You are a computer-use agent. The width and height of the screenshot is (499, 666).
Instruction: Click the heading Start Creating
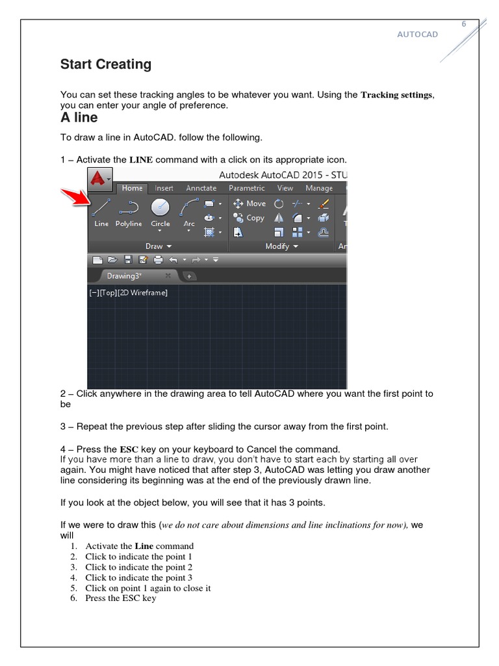tap(106, 64)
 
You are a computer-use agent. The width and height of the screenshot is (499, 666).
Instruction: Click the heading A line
tap(79, 118)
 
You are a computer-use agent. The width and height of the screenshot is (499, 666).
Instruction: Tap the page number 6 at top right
tap(464, 24)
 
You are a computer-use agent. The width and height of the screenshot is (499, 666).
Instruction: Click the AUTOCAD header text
tap(417, 34)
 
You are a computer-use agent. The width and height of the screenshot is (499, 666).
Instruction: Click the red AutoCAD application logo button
tap(99, 179)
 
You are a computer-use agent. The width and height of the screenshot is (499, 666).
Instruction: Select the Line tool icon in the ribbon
tap(101, 207)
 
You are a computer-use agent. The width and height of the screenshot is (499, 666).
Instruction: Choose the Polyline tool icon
tap(129, 207)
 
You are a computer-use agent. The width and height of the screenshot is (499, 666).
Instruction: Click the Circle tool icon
tap(160, 207)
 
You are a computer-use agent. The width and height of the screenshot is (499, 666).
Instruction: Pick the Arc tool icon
tap(189, 207)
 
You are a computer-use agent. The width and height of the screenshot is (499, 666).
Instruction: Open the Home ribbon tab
tap(133, 189)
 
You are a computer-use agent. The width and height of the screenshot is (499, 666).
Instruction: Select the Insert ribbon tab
tap(164, 189)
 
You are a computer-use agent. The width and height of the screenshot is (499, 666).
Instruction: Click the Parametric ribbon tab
tap(247, 189)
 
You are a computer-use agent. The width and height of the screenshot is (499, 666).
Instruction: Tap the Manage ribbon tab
tap(319, 189)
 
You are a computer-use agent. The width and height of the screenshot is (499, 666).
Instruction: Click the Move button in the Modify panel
tap(249, 204)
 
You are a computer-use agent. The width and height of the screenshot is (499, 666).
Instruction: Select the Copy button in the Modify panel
tap(249, 218)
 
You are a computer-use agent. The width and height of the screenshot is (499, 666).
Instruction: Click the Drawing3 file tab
tap(125, 276)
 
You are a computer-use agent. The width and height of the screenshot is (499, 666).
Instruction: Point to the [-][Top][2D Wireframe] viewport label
tap(128, 293)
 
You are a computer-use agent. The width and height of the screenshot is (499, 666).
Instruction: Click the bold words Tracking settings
tap(396, 95)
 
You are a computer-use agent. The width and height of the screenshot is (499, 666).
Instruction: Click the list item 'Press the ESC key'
tap(120, 598)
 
